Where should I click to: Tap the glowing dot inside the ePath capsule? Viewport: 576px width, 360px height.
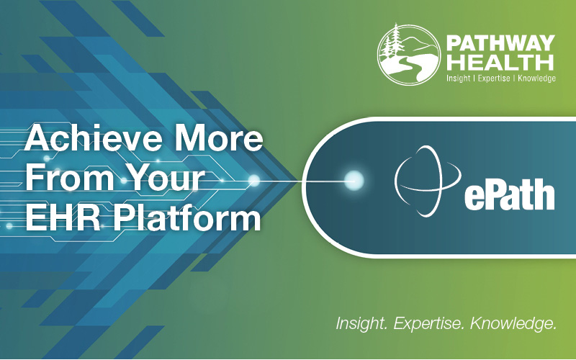click(354, 180)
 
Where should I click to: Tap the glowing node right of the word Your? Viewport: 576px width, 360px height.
click(253, 180)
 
